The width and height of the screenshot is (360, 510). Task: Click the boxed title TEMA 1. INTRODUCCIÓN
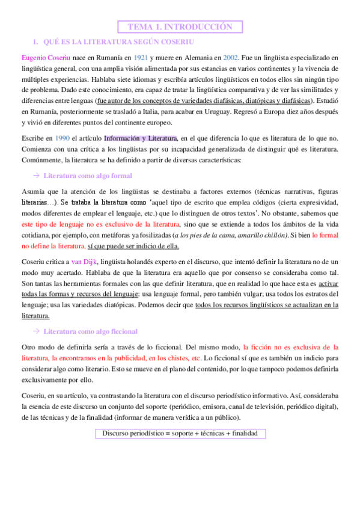[180, 26]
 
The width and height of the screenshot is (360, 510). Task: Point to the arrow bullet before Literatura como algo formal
[35, 176]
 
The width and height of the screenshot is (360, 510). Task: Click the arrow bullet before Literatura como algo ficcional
[35, 331]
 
